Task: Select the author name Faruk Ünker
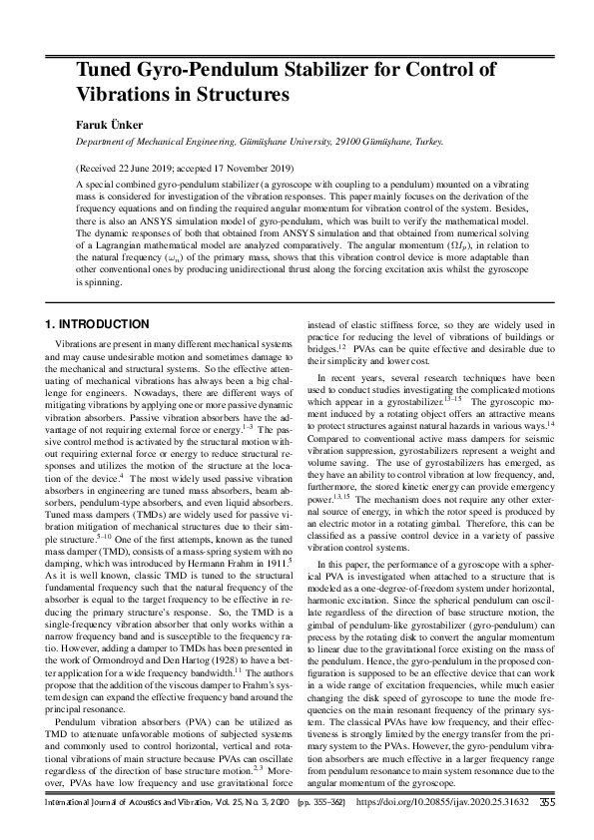point(109,126)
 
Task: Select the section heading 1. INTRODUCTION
point(99,324)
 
